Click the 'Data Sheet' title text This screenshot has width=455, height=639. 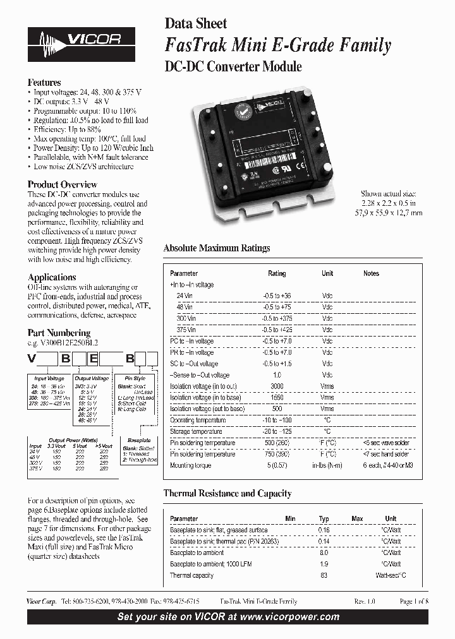click(x=195, y=24)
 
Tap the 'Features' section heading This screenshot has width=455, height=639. click(x=44, y=83)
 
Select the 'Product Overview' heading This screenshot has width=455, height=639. click(x=62, y=185)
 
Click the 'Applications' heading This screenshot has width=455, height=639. click(x=52, y=277)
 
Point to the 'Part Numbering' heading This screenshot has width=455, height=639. click(x=59, y=333)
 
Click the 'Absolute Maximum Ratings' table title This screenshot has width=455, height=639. click(x=217, y=248)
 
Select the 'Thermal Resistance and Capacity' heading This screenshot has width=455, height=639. click(x=227, y=493)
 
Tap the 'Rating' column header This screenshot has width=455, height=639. click(x=277, y=273)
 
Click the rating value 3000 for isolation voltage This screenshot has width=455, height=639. click(x=277, y=386)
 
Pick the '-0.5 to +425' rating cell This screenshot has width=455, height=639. click(x=277, y=330)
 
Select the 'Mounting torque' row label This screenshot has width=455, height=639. click(x=190, y=465)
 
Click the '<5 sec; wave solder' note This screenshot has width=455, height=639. click(x=386, y=443)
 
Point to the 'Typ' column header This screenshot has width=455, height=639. click(x=324, y=518)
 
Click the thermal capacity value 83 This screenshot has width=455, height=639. click(x=324, y=575)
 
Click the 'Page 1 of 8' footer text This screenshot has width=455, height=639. click(x=414, y=602)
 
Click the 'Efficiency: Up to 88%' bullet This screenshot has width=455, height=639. click(x=66, y=129)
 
